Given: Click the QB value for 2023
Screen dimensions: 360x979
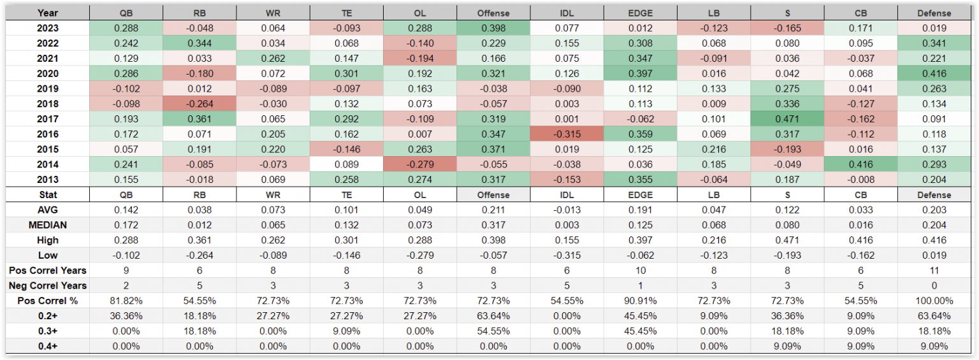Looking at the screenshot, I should [126, 28].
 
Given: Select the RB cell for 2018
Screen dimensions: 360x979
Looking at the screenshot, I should [199, 104].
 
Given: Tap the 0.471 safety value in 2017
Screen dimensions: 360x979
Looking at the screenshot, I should [787, 119].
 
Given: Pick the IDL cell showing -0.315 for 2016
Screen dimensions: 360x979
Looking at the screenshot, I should [567, 134].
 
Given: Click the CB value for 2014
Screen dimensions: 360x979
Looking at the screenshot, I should [860, 164].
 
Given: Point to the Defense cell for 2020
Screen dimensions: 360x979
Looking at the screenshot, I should [934, 73].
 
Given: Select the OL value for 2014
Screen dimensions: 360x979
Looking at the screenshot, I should [420, 164].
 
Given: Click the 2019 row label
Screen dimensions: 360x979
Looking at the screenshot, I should [48, 89].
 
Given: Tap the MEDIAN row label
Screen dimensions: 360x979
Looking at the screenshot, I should [48, 225].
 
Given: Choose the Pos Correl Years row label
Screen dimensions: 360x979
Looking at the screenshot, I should [48, 270].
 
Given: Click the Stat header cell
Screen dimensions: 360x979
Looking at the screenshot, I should [48, 195].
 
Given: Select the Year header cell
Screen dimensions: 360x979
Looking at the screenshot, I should [48, 13].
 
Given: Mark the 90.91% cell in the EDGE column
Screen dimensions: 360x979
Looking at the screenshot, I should [640, 301].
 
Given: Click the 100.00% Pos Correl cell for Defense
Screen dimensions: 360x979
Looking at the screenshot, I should [934, 301].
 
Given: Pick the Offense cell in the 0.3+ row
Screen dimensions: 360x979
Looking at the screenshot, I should [493, 331].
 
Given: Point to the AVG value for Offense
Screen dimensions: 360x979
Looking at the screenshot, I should [493, 210].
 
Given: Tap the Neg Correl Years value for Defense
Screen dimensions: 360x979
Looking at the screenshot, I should [934, 285].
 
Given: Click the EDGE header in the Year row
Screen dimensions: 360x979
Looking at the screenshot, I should [640, 13].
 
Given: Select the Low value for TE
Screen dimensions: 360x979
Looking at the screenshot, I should [347, 256].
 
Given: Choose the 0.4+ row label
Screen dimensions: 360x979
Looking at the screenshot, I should [48, 346].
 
